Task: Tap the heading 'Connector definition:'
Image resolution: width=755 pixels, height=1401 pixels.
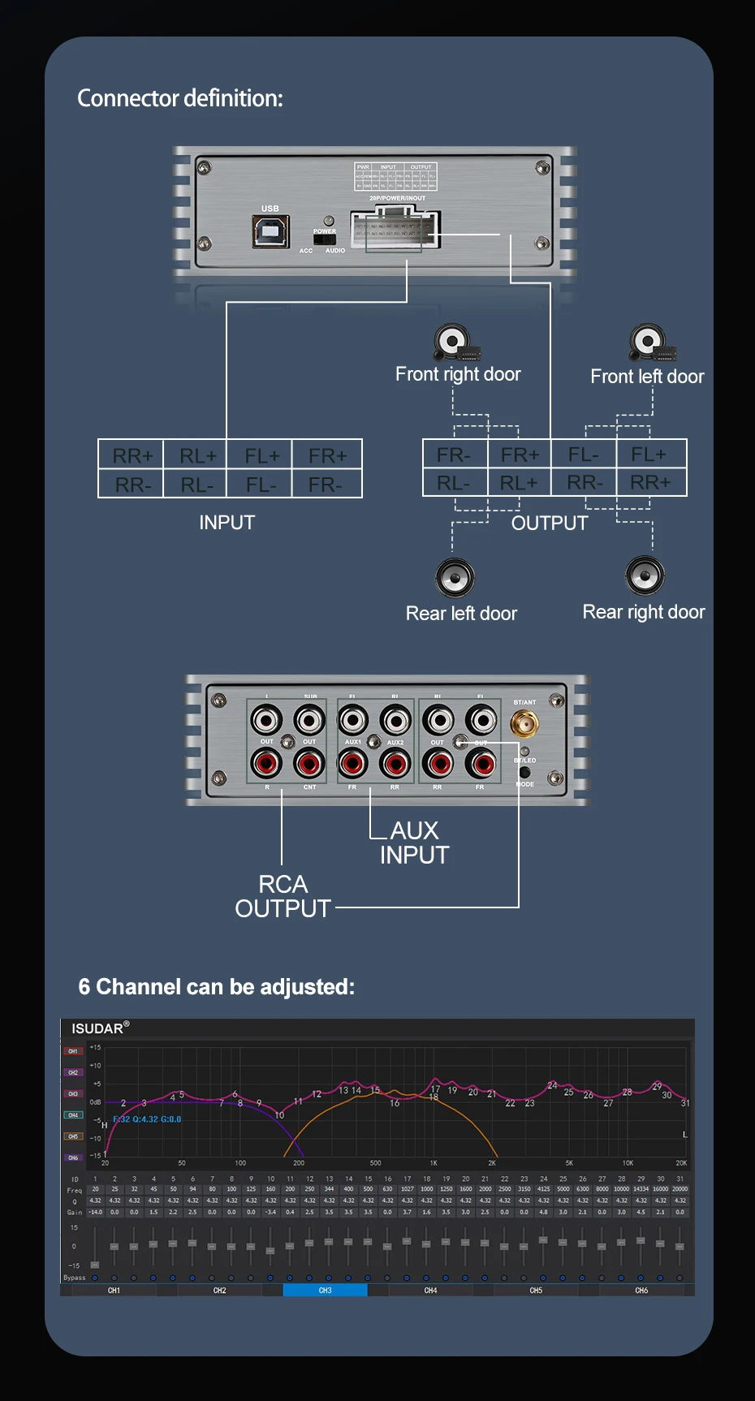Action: click(180, 98)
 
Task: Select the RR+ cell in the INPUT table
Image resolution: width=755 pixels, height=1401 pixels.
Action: click(132, 455)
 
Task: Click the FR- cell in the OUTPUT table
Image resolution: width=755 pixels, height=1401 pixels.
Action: click(454, 455)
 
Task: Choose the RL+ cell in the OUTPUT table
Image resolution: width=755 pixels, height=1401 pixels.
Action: click(519, 483)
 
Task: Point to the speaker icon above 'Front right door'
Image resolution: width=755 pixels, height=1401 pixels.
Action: click(454, 342)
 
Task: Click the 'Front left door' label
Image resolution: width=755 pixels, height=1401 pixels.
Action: click(647, 377)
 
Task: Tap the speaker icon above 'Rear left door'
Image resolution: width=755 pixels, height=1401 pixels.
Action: click(455, 578)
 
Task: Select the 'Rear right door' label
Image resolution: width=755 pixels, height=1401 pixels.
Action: click(644, 612)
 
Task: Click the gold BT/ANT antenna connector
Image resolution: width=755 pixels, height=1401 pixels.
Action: click(524, 723)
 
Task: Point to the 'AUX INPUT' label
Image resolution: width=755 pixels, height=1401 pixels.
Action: click(414, 843)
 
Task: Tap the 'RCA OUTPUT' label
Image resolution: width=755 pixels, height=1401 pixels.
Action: click(283, 896)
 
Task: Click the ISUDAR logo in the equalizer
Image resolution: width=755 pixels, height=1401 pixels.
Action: click(99, 1028)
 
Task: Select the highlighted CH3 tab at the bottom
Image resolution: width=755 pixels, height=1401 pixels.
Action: click(325, 1290)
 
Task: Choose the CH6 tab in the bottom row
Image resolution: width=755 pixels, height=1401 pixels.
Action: click(641, 1290)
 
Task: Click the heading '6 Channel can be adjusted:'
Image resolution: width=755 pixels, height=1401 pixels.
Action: click(217, 987)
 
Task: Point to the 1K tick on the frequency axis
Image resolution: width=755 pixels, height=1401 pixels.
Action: click(434, 1163)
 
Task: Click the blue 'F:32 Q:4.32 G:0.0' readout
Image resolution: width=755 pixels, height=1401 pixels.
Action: click(147, 1119)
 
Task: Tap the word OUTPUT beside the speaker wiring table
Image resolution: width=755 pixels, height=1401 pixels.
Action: click(550, 524)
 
